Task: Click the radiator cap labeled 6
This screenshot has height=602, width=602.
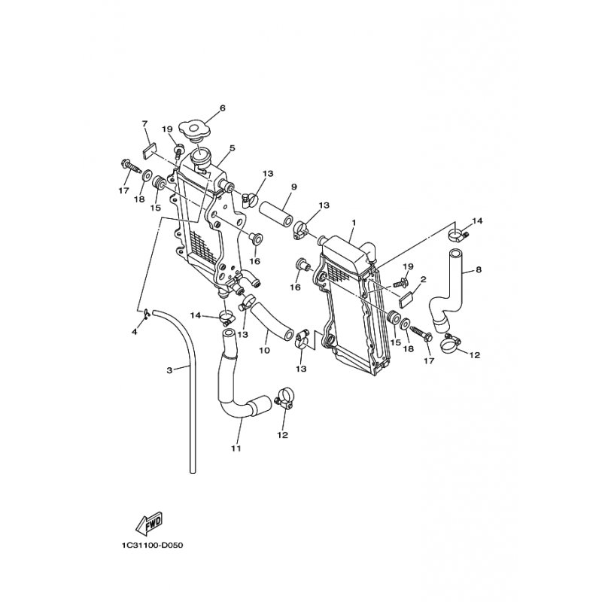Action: [195, 129]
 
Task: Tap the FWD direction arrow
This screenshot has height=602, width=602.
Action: [149, 523]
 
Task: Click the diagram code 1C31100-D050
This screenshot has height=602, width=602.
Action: [153, 545]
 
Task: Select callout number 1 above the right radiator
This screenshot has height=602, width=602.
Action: [354, 223]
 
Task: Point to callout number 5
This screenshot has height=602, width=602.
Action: [233, 147]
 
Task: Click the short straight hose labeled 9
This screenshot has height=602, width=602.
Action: [276, 214]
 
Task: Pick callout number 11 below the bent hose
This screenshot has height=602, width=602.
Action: [236, 448]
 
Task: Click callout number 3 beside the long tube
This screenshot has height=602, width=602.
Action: [170, 370]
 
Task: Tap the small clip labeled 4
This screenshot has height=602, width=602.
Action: [146, 313]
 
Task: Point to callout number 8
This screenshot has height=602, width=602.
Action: [479, 270]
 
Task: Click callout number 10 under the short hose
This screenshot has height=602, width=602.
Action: [265, 350]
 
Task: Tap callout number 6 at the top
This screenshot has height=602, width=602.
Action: [222, 108]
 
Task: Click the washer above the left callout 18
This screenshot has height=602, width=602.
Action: [147, 176]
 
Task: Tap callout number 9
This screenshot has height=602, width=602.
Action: [294, 187]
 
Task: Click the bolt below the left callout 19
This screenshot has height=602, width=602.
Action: [179, 152]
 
